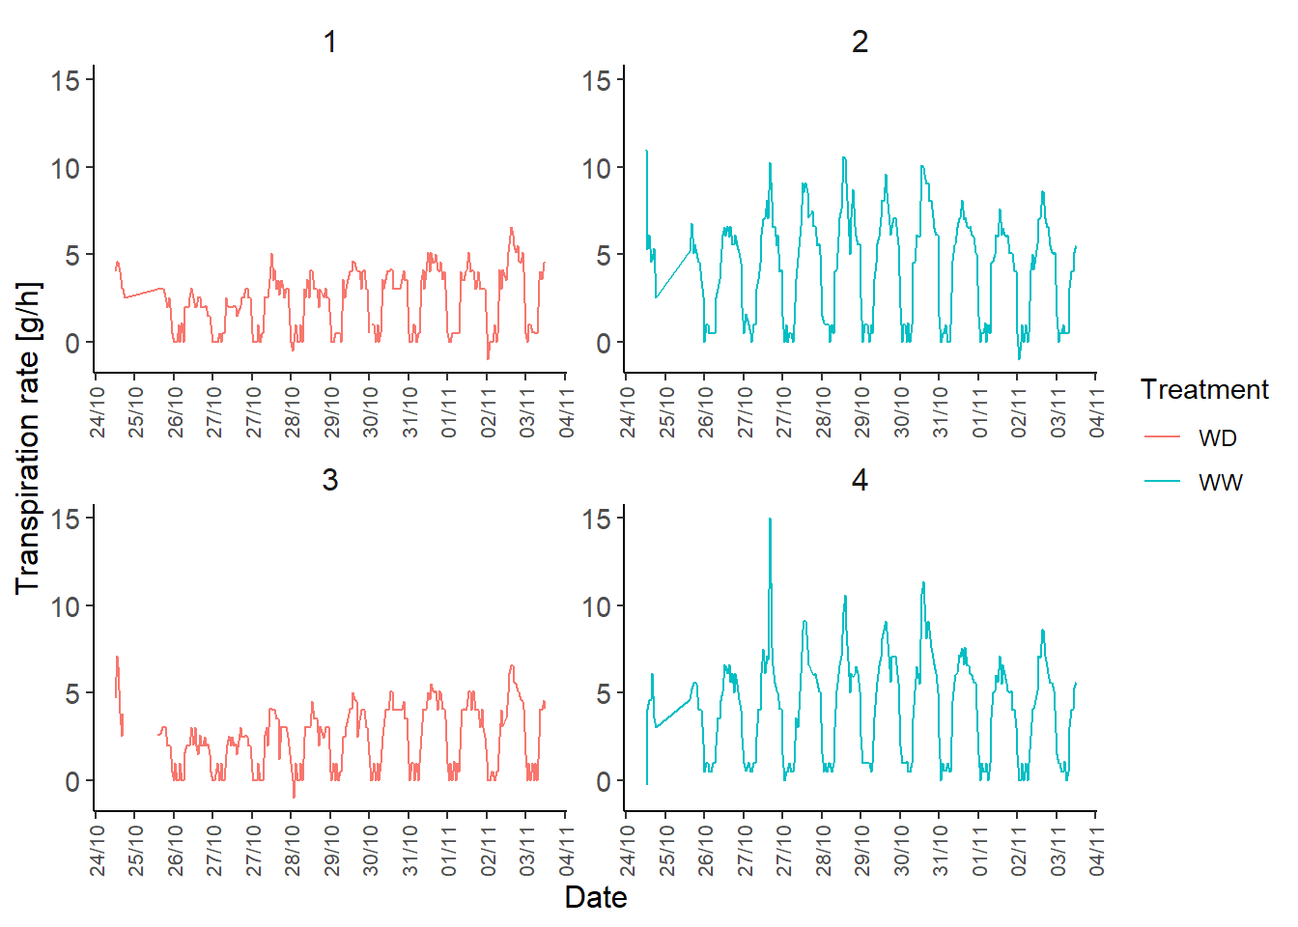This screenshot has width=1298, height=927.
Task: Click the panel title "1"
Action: coord(330,42)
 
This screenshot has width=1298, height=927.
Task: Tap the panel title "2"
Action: coord(860,42)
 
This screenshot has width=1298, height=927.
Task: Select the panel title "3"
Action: coord(330,480)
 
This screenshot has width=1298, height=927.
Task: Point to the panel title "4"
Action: coord(860,480)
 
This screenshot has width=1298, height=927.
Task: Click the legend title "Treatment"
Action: coord(1203,389)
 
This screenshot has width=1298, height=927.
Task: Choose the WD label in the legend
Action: coord(1217,438)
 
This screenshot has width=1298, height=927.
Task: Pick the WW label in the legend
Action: coord(1220,482)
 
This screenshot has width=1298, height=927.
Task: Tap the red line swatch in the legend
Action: coord(1163,437)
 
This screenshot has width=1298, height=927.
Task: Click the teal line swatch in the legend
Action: coord(1163,481)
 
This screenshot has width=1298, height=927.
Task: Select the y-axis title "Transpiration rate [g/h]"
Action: coord(28,438)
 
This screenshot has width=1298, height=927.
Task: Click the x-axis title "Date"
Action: coord(596,897)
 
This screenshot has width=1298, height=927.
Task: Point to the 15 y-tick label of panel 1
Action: coord(66,80)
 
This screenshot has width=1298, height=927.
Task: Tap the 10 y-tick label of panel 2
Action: coord(596,168)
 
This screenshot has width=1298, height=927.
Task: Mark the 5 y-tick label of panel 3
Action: coord(72,693)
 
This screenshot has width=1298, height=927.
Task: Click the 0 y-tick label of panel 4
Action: coord(604,781)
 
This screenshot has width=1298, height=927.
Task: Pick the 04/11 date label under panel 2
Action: coord(1096,412)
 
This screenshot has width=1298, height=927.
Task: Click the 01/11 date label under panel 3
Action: coord(449,850)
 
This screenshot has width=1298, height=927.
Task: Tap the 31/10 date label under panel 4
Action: coord(941,850)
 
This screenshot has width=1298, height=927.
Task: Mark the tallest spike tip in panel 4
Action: coord(770,520)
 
